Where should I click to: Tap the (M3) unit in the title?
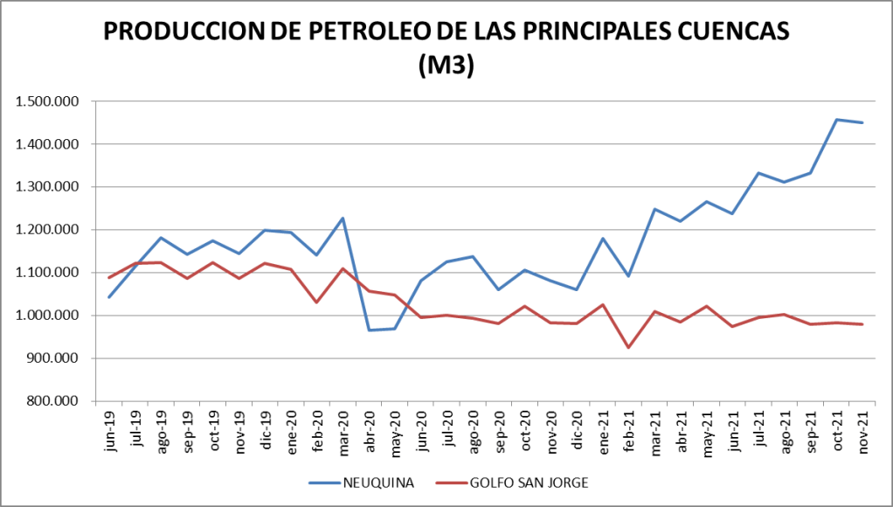tap(446, 66)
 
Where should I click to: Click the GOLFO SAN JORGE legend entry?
tap(532, 482)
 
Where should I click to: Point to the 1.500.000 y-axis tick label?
tap(47, 101)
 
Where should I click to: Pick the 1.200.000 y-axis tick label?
tap(47, 230)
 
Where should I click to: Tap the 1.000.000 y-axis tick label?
tap(47, 316)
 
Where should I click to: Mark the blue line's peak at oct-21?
tap(836, 120)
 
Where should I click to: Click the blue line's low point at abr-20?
tap(369, 330)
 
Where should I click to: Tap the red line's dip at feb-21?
tap(628, 348)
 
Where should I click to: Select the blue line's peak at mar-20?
tap(343, 218)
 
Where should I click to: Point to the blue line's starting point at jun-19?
tap(109, 297)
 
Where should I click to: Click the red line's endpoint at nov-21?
tap(862, 324)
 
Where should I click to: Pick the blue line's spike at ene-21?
tap(603, 238)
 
